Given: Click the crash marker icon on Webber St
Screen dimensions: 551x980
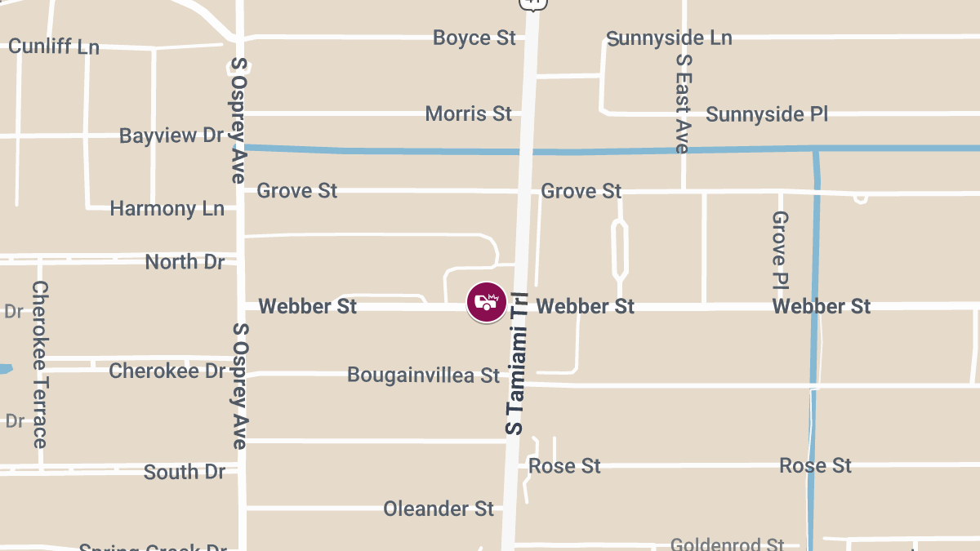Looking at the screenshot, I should tap(486, 302).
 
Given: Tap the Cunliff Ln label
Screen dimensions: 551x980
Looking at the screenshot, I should tap(54, 47).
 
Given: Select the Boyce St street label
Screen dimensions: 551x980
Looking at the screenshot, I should tap(474, 38).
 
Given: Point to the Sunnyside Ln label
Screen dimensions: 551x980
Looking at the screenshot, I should tap(669, 38).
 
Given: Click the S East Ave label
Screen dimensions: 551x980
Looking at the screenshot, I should tap(683, 104).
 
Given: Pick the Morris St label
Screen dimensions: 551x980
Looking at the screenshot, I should tap(468, 113).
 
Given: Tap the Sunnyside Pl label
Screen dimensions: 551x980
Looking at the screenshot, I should tap(767, 113).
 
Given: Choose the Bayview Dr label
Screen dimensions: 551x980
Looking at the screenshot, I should tap(171, 135).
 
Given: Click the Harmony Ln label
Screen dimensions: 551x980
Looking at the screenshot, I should tap(167, 209).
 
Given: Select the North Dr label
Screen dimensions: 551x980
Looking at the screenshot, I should tap(184, 262).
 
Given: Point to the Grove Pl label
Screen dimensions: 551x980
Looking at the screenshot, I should tap(780, 251).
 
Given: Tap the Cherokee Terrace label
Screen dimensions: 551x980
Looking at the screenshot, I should tap(40, 364).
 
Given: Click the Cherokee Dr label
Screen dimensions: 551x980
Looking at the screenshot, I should tap(167, 371).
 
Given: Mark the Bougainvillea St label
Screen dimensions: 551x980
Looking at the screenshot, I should tap(423, 375).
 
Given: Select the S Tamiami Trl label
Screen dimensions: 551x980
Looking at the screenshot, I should tap(517, 363).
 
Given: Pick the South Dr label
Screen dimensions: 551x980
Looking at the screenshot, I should tap(183, 472).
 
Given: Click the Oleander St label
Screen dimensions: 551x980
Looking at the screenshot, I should tap(439, 509).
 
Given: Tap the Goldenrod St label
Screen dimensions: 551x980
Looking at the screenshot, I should tap(727, 544).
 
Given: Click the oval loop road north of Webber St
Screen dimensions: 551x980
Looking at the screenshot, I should tap(620, 248).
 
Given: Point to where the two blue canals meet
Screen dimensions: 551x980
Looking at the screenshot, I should tap(815, 149).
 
